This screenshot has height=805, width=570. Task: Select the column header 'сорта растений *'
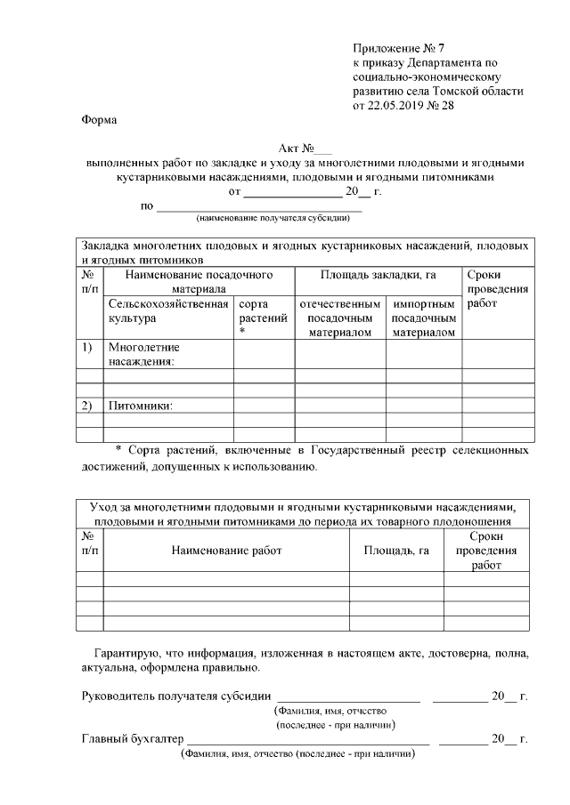(x=263, y=318)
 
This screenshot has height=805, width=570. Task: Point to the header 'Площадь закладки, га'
(x=378, y=276)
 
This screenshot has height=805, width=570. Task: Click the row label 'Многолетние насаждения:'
(x=143, y=354)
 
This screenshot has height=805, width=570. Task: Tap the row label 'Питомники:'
(x=140, y=406)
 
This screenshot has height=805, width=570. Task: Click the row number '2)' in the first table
(x=87, y=406)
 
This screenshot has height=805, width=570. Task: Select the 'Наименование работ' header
(x=225, y=551)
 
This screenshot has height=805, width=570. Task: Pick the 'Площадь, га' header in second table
(x=396, y=551)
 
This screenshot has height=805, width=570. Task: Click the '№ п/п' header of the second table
(x=89, y=543)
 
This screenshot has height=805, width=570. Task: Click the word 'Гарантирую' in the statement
(x=126, y=653)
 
